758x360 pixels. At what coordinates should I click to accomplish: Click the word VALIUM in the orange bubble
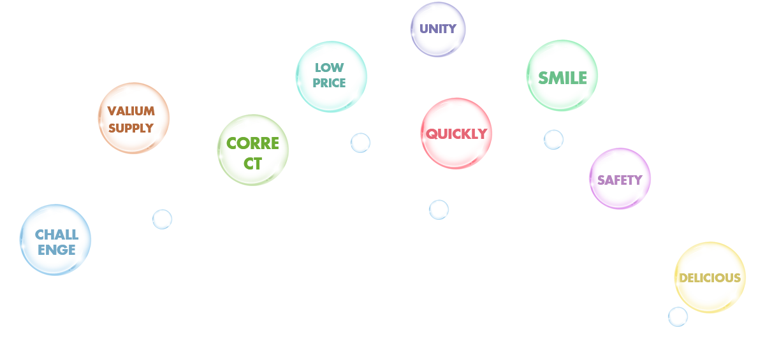(131, 112)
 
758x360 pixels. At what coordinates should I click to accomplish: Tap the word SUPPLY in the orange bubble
(131, 127)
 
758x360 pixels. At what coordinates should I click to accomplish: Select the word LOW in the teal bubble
(330, 68)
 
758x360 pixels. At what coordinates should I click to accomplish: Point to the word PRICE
(330, 83)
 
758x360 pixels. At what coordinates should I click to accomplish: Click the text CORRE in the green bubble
(253, 143)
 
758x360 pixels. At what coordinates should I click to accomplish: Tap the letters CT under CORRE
(252, 163)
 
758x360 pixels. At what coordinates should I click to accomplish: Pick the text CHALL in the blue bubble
(56, 234)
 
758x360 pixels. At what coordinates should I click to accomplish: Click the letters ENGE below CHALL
(56, 250)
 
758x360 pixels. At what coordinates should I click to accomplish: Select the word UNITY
(438, 29)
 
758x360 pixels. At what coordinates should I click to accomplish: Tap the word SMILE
(562, 78)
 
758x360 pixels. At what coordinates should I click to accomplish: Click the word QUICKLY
(456, 134)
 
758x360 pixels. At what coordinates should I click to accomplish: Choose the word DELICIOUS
(710, 278)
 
